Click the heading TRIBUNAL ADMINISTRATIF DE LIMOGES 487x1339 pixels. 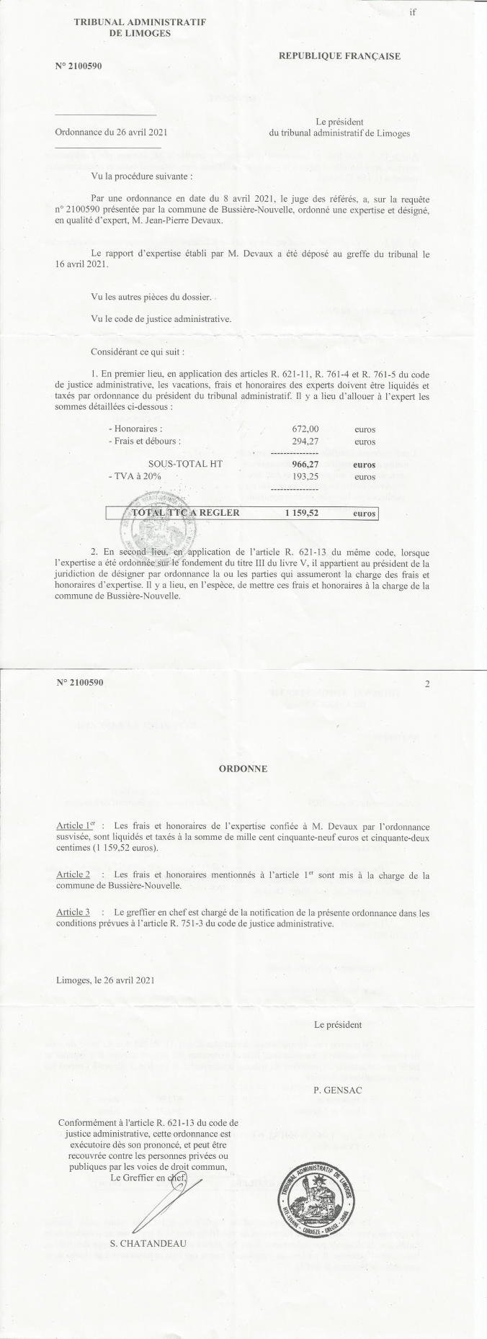[x=140, y=28]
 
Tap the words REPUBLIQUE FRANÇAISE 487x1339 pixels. [x=339, y=55]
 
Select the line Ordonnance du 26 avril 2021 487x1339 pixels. [x=111, y=133]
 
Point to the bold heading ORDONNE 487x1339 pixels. [x=243, y=769]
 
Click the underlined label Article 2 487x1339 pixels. [x=73, y=875]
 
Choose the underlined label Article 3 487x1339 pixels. [x=73, y=913]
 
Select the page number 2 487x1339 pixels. [x=427, y=684]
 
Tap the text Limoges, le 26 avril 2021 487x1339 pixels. [x=104, y=980]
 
